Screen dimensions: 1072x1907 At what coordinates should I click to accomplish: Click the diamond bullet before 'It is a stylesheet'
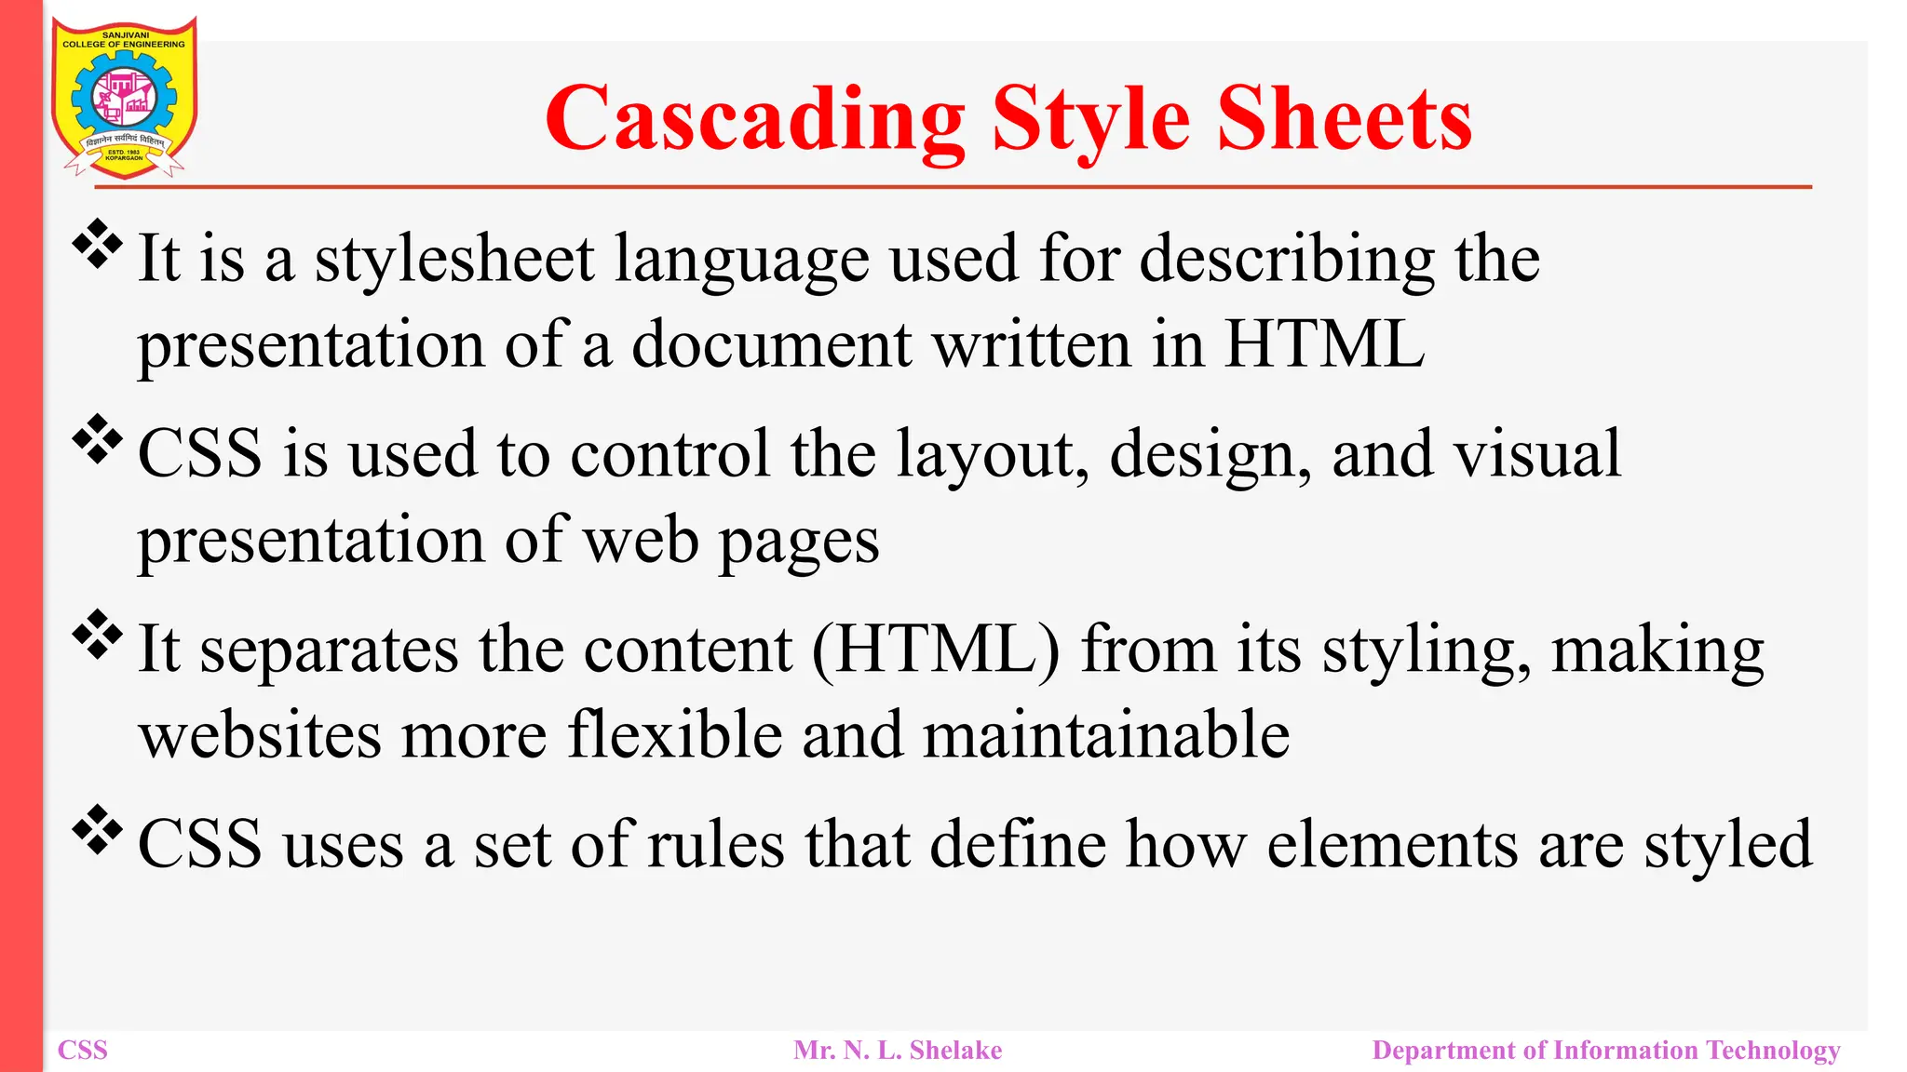[x=98, y=245]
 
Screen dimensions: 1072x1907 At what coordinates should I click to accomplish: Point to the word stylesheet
[x=454, y=260]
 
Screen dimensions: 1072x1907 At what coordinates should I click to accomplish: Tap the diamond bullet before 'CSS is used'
[x=98, y=440]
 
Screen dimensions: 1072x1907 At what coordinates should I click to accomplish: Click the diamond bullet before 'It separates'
[x=98, y=636]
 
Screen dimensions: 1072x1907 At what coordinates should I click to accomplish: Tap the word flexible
[x=675, y=735]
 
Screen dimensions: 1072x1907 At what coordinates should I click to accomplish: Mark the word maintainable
[x=1106, y=735]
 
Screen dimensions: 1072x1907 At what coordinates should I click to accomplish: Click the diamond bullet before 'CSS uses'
[x=98, y=831]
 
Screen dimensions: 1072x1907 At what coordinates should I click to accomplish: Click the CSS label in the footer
[x=83, y=1051]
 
